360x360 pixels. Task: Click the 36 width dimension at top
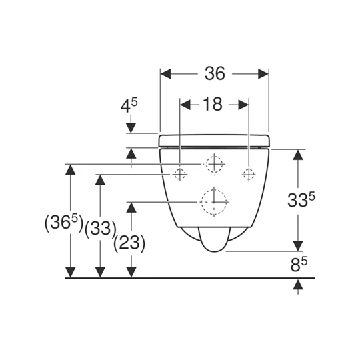(215, 74)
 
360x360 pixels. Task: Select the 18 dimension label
(213, 104)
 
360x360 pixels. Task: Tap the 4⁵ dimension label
(129, 106)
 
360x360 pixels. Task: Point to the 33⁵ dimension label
(301, 199)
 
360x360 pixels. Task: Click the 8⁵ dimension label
(299, 265)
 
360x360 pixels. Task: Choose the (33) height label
(100, 229)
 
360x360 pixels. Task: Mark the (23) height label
(129, 243)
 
